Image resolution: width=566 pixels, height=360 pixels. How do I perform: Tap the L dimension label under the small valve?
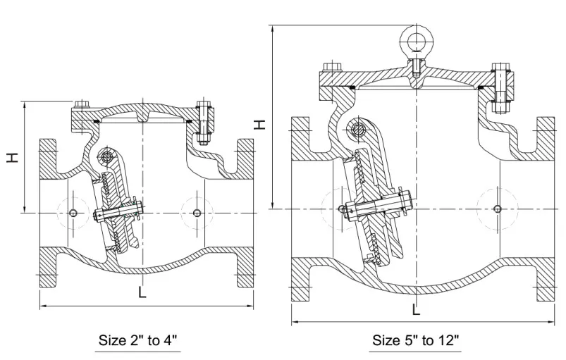(142, 292)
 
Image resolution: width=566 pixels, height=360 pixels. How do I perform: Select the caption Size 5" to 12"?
(416, 341)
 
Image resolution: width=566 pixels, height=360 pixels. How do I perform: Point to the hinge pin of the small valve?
(107, 156)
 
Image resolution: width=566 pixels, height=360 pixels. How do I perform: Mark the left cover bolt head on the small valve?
(80, 104)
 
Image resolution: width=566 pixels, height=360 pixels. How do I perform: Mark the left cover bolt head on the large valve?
(330, 68)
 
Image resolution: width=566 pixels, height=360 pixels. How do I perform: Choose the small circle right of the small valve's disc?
(196, 213)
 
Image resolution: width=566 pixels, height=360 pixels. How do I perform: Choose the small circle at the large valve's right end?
(498, 209)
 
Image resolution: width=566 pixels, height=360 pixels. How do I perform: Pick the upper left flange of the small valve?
(48, 159)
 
